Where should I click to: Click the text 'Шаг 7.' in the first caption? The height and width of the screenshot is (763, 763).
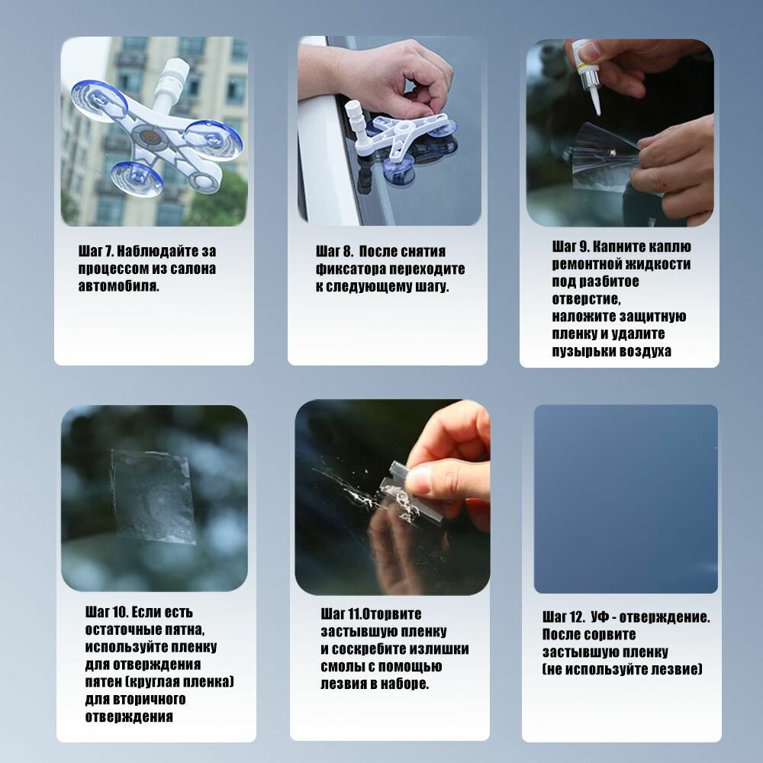click(x=96, y=251)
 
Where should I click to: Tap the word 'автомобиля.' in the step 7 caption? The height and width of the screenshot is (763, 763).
click(x=119, y=285)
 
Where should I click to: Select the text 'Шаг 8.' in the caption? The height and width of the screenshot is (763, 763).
click(x=334, y=251)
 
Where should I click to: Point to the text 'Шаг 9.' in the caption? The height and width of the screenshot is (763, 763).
click(x=570, y=246)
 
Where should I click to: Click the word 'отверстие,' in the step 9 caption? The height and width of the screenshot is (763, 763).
click(x=586, y=299)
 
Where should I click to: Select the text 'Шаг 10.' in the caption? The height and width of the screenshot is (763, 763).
click(x=106, y=612)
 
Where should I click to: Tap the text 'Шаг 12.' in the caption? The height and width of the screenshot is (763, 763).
click(x=564, y=617)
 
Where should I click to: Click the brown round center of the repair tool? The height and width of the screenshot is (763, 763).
click(x=150, y=137)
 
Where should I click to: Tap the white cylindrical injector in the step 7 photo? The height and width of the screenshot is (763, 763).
click(x=170, y=82)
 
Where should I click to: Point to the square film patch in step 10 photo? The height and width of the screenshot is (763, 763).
click(x=153, y=497)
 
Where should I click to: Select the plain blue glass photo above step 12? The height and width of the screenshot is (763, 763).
click(x=626, y=499)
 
